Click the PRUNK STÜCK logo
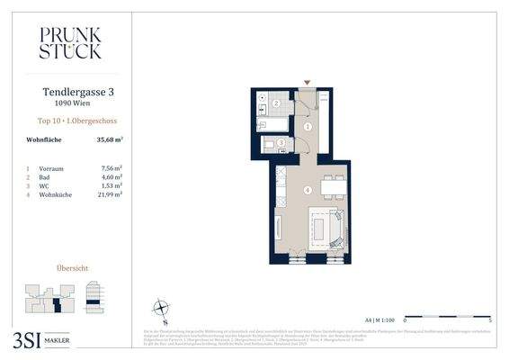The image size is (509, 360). (70, 42)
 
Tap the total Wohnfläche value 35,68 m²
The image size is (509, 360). (109, 139)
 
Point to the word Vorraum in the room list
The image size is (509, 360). (50, 168)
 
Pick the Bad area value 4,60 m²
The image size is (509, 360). (110, 176)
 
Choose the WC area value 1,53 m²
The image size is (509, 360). (110, 185)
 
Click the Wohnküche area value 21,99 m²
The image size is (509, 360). (109, 193)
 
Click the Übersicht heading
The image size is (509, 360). (72, 268)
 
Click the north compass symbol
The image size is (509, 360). (161, 308)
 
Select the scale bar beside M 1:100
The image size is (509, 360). (447, 319)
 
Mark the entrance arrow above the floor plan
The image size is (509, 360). (308, 83)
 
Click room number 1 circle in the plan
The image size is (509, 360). (308, 128)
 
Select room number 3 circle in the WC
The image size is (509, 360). (281, 142)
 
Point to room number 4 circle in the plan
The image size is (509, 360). (308, 190)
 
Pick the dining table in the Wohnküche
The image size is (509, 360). (332, 186)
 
